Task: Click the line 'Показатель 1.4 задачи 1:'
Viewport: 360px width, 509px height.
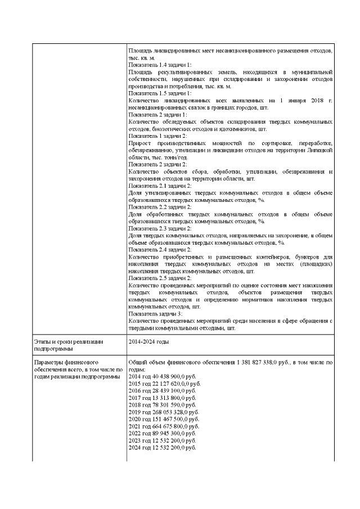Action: [x=160, y=65]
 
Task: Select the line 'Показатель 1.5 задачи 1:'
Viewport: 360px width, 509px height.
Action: [x=160, y=93]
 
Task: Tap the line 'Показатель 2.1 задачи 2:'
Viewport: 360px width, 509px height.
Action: [x=160, y=186]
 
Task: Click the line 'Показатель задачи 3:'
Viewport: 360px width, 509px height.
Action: [x=157, y=313]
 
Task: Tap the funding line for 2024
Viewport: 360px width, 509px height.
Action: [x=162, y=448]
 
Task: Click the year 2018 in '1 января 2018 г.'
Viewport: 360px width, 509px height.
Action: [x=307, y=101]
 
